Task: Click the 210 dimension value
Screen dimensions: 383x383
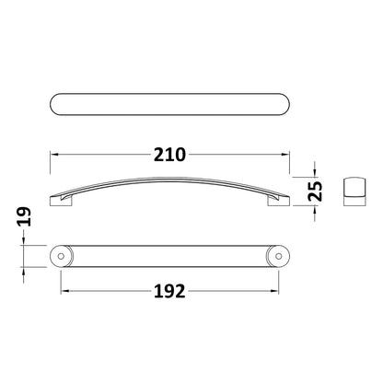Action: (x=169, y=155)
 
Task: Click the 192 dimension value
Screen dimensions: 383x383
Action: (x=169, y=291)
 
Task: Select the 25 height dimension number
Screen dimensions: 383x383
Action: (x=316, y=191)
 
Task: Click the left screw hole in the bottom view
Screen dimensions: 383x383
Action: (x=61, y=256)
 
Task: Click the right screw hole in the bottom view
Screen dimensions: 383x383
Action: (x=279, y=256)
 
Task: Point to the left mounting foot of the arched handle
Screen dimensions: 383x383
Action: (x=61, y=201)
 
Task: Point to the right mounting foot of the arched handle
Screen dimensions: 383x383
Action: (x=279, y=201)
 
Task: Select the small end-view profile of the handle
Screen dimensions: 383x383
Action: (x=354, y=191)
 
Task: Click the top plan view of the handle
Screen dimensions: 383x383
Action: (x=169, y=104)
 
